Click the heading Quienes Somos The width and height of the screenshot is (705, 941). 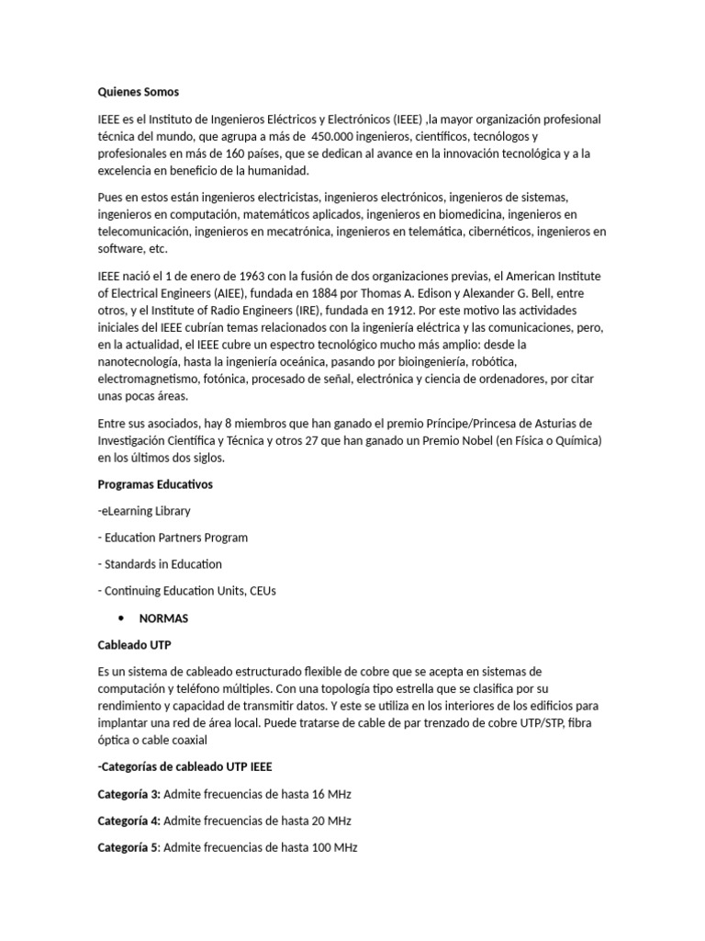pos(139,92)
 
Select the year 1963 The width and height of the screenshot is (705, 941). pos(252,276)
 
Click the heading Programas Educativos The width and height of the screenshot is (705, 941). pos(154,484)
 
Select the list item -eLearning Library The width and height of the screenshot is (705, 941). pos(144,511)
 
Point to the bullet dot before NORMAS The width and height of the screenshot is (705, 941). pos(120,618)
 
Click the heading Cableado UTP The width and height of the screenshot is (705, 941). pos(134,645)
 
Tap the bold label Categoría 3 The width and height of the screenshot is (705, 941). pos(129,793)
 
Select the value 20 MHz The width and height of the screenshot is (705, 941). pos(326,820)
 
